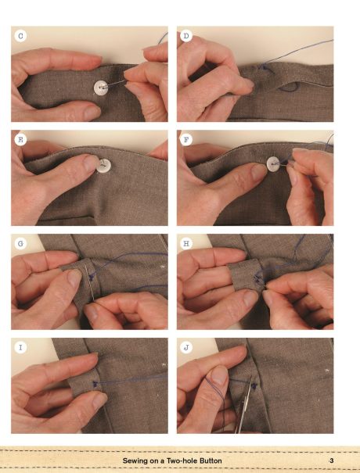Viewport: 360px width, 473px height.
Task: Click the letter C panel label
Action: click(20, 36)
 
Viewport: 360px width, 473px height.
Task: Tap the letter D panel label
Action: click(186, 36)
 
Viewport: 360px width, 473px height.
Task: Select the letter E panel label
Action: click(20, 140)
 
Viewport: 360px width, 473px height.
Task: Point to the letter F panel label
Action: click(186, 140)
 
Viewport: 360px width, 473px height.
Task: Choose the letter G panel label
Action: click(20, 243)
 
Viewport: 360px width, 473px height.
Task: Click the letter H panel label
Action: click(186, 243)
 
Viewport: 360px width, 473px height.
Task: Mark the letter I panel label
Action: click(20, 347)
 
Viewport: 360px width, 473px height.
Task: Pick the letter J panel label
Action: click(186, 347)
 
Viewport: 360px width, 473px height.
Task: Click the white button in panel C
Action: click(101, 88)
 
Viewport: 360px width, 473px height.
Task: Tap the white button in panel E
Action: click(103, 165)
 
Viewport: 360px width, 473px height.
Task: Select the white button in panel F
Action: click(274, 164)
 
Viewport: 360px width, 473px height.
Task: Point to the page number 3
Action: click(332, 460)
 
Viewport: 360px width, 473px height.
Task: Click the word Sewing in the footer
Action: click(135, 461)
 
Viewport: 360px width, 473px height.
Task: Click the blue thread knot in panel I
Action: click(95, 385)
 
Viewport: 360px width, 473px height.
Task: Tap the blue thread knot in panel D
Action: click(264, 67)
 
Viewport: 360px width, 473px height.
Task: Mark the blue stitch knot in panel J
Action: click(254, 385)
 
